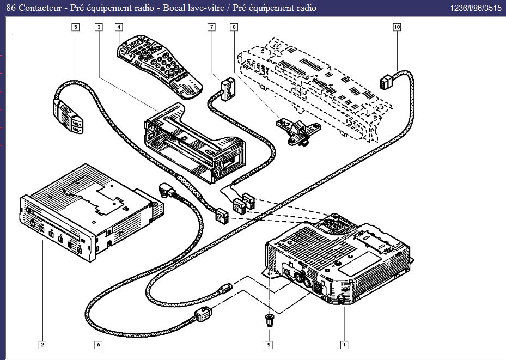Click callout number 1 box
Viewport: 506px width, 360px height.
344,344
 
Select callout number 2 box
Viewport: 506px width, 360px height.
42,344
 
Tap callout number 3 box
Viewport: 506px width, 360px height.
99,27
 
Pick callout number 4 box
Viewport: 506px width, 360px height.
119,27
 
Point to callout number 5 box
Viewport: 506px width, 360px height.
75,27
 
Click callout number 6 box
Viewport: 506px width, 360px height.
99,344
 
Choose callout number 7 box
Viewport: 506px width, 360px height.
211,27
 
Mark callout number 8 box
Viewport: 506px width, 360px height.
234,27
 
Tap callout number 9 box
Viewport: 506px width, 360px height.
269,344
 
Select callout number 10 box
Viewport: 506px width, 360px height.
397,27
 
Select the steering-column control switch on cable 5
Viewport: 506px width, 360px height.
68,115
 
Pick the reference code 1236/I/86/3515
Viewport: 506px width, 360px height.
475,8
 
